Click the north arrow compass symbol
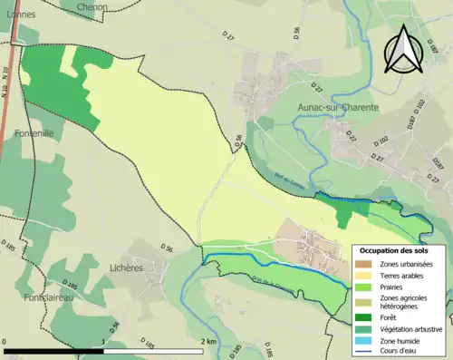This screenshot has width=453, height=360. point(404,49)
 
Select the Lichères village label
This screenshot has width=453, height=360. point(126,268)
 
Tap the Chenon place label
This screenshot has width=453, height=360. point(92,7)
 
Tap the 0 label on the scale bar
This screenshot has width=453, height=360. point(6,342)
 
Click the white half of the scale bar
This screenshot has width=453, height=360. point(154,351)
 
